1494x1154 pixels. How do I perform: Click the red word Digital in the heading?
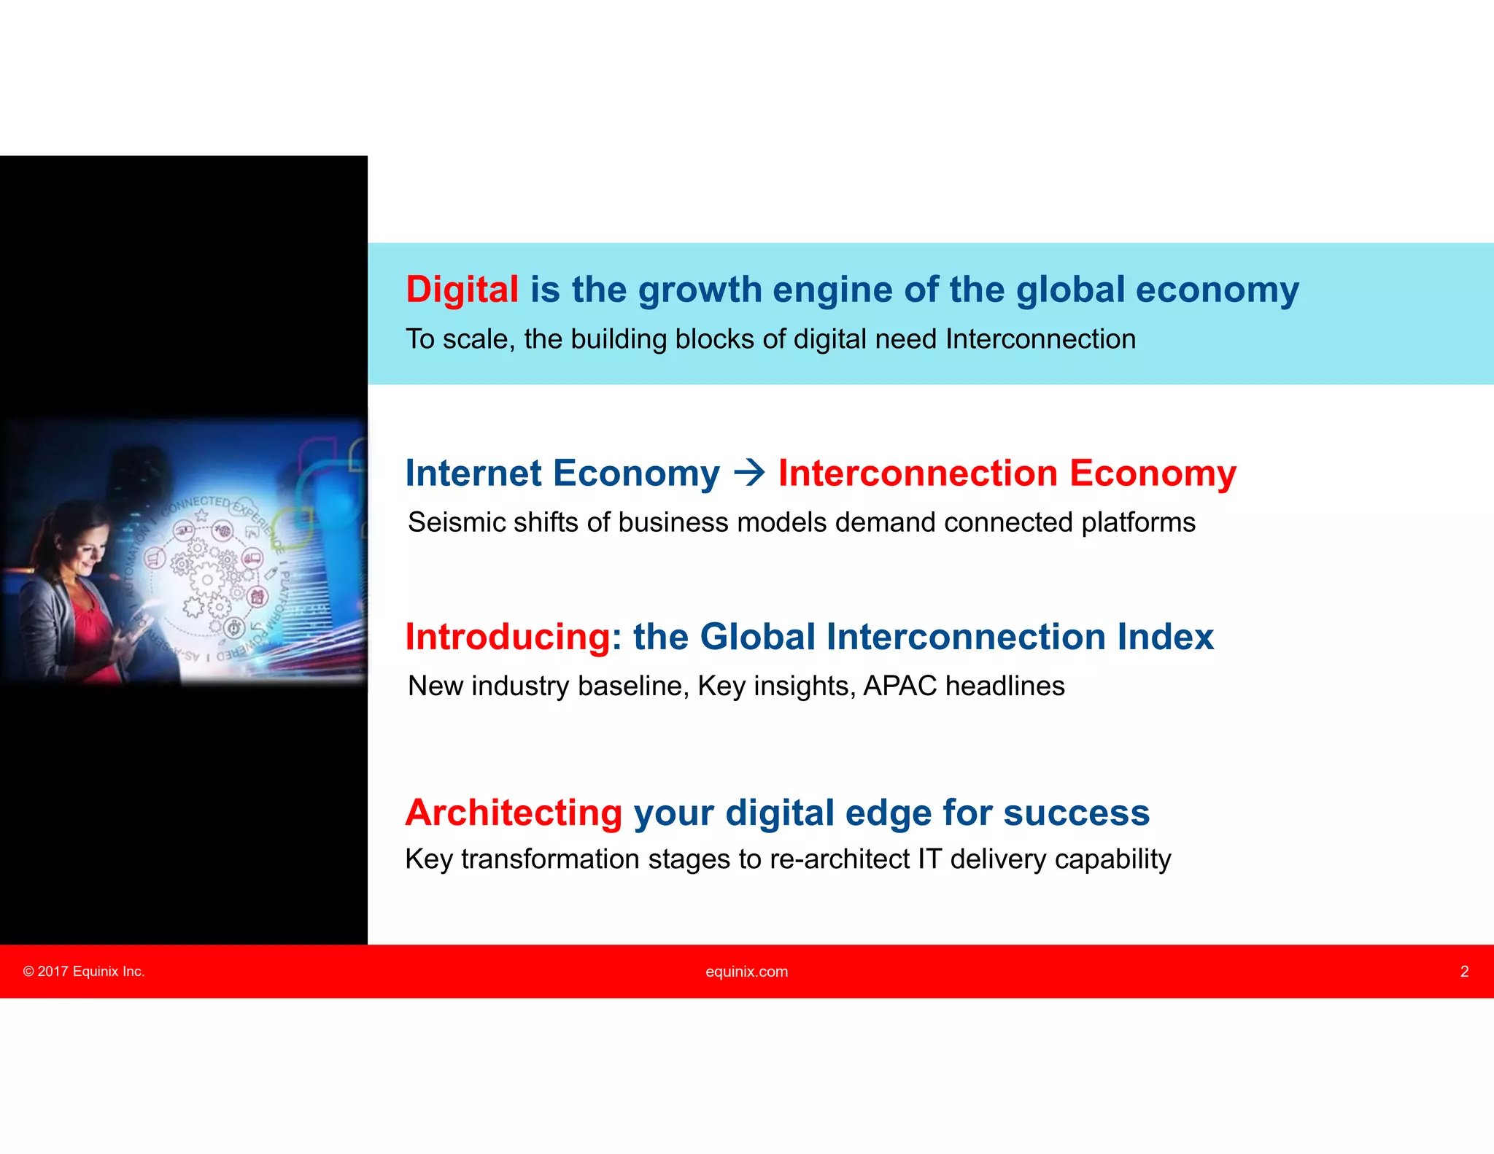pos(462,290)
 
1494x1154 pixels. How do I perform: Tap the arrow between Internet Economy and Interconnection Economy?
pos(748,473)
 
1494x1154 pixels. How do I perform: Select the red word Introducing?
pos(508,637)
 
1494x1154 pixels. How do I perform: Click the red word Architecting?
pos(514,813)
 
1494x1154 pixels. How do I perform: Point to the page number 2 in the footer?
pos(1464,972)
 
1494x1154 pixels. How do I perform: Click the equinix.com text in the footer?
pos(746,972)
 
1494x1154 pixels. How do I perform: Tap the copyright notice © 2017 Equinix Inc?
pos(84,972)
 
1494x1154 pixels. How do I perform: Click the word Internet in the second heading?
pos(473,473)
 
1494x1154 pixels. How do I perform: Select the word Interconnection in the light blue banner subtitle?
pos(1040,339)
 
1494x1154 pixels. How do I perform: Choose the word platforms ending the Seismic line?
pos(1138,523)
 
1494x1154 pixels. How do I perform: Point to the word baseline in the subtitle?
pos(633,686)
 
